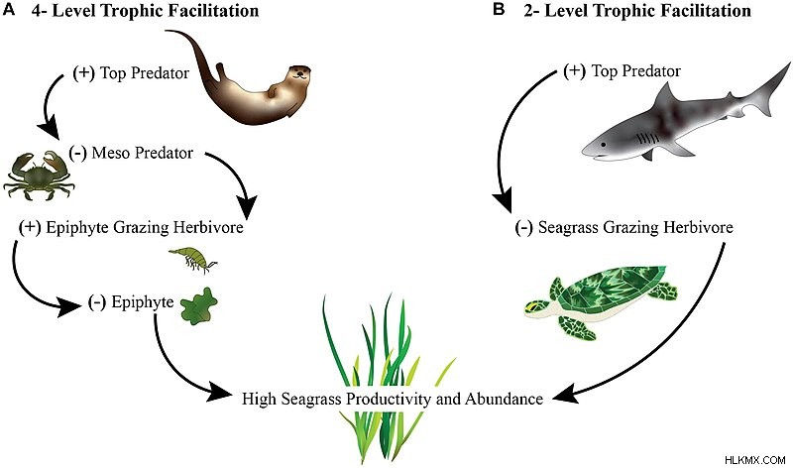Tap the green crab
pyautogui.click(x=39, y=175)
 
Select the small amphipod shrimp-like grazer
pyautogui.click(x=193, y=259)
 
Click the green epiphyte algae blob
pyautogui.click(x=199, y=305)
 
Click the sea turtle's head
pyautogui.click(x=537, y=308)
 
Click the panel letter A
pyautogui.click(x=9, y=10)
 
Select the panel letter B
pyautogui.click(x=499, y=10)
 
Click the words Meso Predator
pyautogui.click(x=142, y=153)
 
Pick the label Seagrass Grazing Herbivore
pyautogui.click(x=635, y=227)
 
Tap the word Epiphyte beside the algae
pyautogui.click(x=143, y=302)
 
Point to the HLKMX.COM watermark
pyautogui.click(x=754, y=460)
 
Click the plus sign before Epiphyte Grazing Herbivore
pyautogui.click(x=30, y=227)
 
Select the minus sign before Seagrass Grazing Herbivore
pyautogui.click(x=523, y=227)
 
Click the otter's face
pyautogui.click(x=299, y=74)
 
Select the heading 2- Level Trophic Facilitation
pyautogui.click(x=637, y=10)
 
